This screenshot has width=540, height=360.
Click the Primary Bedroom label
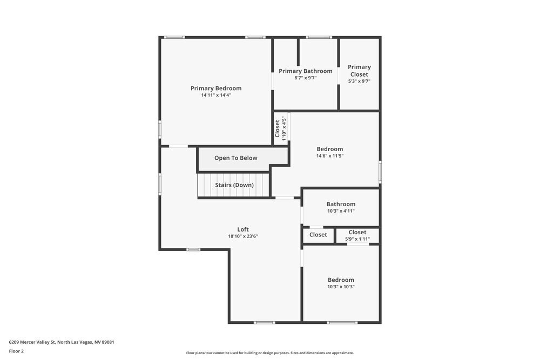[x=216, y=89]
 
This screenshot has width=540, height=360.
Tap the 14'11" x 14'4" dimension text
[x=216, y=96]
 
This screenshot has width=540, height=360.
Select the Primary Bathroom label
[x=305, y=71]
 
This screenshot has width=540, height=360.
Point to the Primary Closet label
[x=359, y=71]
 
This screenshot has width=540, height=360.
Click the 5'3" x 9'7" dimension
[x=359, y=81]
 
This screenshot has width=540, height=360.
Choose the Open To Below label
[x=235, y=158]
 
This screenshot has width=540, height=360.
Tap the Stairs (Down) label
[x=234, y=185]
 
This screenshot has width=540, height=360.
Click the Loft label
[x=243, y=229]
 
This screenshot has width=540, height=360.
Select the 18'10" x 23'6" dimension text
[x=243, y=236]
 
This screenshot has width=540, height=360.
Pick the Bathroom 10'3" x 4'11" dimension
[x=341, y=211]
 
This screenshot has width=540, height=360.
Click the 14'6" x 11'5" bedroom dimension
[x=329, y=156]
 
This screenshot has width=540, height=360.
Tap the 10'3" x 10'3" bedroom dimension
[x=341, y=287]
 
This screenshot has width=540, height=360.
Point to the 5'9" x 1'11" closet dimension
[x=357, y=239]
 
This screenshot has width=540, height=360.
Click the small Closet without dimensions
[x=318, y=235]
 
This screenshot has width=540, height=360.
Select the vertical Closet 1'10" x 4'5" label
[x=280, y=127]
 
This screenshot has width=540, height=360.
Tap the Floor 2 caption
[x=16, y=351]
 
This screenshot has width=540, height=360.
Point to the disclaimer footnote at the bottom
[x=270, y=353]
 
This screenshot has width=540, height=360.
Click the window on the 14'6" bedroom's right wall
[x=380, y=172]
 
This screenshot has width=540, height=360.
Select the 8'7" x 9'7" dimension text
[x=305, y=78]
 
